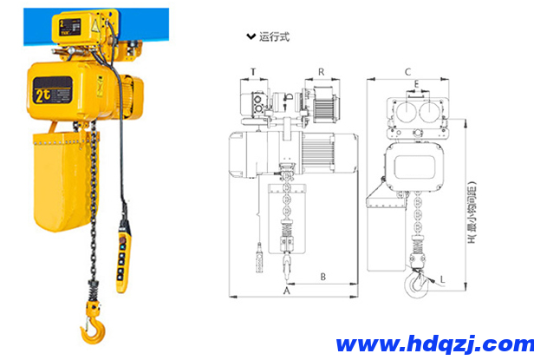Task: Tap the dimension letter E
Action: pyautogui.click(x=418, y=84)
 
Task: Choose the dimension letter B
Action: pyautogui.click(x=322, y=278)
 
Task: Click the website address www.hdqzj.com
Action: pyautogui.click(x=430, y=343)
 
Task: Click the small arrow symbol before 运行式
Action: pyautogui.click(x=251, y=37)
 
